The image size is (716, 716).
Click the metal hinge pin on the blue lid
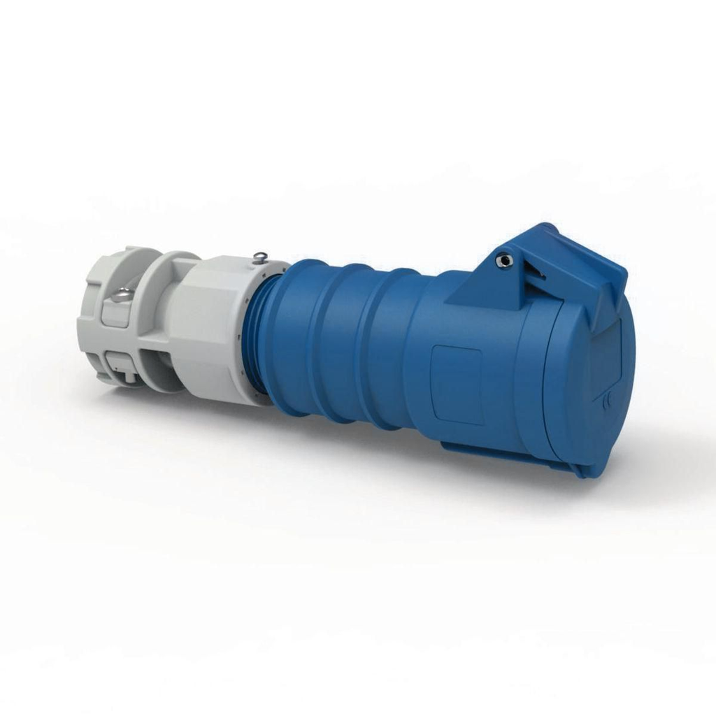(504, 260)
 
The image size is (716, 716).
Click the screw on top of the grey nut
(260, 257)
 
